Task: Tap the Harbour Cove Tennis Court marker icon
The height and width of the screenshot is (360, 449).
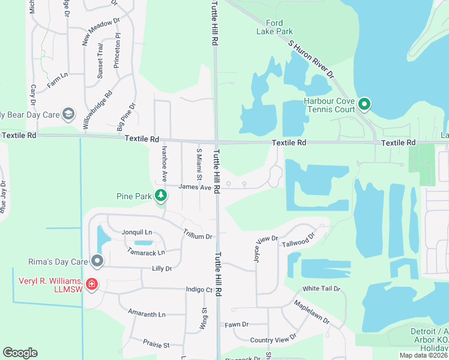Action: tap(364, 105)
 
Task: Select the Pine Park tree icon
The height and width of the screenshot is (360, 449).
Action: tap(160, 195)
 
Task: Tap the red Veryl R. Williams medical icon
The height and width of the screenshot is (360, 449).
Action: tap(92, 284)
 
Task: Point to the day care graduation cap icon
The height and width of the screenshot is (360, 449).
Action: tap(68, 114)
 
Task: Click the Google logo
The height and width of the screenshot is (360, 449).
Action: tap(20, 353)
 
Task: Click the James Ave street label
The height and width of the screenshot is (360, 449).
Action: tap(195, 188)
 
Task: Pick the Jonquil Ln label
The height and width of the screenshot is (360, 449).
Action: tap(137, 232)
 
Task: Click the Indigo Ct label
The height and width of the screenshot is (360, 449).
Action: tap(199, 290)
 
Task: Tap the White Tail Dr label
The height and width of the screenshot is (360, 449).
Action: tap(321, 289)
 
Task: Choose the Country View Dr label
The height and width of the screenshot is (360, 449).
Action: tap(273, 340)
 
